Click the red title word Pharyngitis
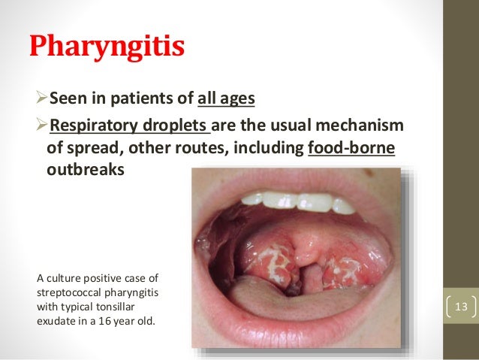(x=107, y=47)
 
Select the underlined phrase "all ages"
(x=227, y=98)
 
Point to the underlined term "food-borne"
(x=351, y=147)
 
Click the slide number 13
(x=460, y=307)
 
